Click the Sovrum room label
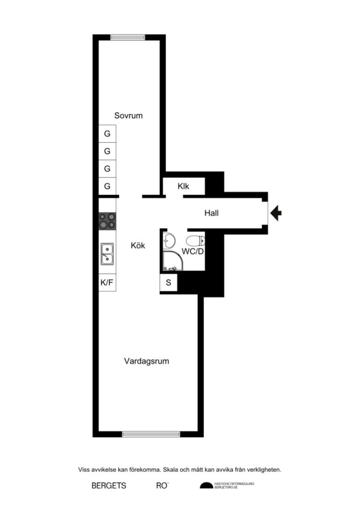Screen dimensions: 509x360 pyautogui.click(x=128, y=115)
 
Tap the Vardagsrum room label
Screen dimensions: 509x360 pyautogui.click(x=146, y=361)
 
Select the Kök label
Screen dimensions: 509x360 pyautogui.click(x=138, y=245)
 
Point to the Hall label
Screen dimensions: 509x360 pyautogui.click(x=211, y=213)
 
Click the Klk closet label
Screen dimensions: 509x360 pyautogui.click(x=183, y=187)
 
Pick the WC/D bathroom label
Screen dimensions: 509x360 pyautogui.click(x=192, y=252)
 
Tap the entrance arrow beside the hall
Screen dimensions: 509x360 pyautogui.click(x=276, y=213)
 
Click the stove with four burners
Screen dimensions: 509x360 pyautogui.click(x=107, y=220)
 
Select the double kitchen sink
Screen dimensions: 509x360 pyautogui.click(x=107, y=254)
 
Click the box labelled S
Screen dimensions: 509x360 pyautogui.click(x=168, y=283)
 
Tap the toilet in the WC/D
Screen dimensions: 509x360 pyautogui.click(x=196, y=240)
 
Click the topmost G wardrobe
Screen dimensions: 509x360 pyautogui.click(x=107, y=134)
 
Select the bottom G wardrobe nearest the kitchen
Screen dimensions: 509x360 pyautogui.click(x=107, y=186)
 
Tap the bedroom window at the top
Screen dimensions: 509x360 pyautogui.click(x=128, y=37)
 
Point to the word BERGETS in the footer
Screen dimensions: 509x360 pyautogui.click(x=109, y=486)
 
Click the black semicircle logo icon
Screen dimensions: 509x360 pyautogui.click(x=206, y=486)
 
